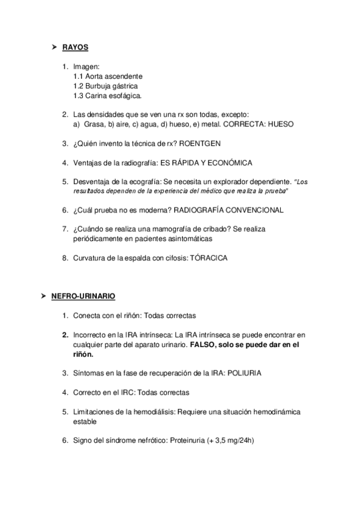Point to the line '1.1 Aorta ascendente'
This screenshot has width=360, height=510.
(x=108, y=76)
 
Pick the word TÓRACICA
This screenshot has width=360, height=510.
(x=209, y=258)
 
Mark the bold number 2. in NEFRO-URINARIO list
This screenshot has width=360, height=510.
(x=64, y=335)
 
